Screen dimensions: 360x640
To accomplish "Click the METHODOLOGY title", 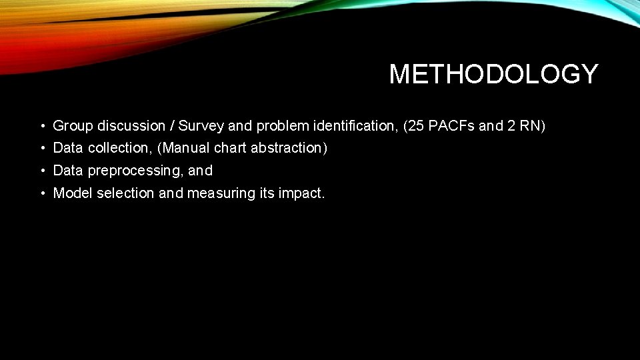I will (493, 74).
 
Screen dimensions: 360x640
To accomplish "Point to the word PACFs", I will (451, 126).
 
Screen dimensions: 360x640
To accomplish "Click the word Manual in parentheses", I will (185, 148).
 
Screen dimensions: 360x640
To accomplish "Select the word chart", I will (230, 148).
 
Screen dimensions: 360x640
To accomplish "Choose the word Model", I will (73, 193).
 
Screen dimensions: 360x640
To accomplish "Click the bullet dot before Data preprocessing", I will (41, 171).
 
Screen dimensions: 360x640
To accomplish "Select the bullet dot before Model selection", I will (41, 193).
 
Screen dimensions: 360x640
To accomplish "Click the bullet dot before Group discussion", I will (41, 126).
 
